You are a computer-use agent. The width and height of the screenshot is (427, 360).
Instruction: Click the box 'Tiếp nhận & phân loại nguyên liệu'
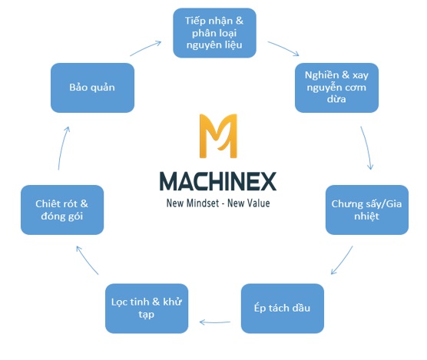(x=214, y=33)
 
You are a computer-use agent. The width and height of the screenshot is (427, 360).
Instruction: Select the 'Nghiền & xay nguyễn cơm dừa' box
(x=336, y=88)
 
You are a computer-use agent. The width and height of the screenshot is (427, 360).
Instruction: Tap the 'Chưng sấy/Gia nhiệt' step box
(x=367, y=210)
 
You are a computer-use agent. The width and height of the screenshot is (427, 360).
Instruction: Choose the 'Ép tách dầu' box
(x=283, y=309)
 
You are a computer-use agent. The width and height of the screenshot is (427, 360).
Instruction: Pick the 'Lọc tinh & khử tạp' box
(x=147, y=309)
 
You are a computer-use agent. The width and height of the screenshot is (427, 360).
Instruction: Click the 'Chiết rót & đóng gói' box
(x=62, y=210)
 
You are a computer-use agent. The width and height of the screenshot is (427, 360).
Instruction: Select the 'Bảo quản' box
(x=92, y=88)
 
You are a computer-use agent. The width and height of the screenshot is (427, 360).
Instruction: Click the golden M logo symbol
(x=218, y=136)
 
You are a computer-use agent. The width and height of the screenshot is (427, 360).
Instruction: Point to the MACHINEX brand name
(x=218, y=181)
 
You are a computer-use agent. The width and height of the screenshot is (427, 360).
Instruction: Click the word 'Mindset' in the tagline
(x=202, y=203)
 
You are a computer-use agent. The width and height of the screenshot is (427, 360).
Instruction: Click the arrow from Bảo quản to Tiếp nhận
(x=145, y=48)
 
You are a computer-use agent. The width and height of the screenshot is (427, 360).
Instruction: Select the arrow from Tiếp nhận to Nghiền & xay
(x=283, y=48)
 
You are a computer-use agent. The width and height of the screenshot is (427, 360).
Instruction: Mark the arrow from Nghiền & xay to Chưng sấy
(x=367, y=147)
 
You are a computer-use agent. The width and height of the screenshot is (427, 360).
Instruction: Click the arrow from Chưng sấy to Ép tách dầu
(x=342, y=260)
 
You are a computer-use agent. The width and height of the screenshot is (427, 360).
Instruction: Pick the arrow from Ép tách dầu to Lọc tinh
(x=214, y=322)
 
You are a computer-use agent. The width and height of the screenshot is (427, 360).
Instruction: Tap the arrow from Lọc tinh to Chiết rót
(x=87, y=260)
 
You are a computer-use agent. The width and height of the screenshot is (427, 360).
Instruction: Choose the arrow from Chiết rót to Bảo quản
(x=63, y=148)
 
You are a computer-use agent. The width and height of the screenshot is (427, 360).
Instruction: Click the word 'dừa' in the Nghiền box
(x=336, y=99)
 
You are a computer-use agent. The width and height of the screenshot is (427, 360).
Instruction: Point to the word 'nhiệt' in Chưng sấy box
(x=366, y=216)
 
